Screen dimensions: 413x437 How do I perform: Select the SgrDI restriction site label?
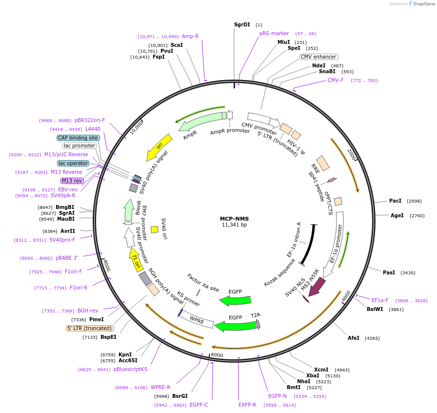coord(242,24)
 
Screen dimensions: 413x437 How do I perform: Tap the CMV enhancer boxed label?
coord(318,57)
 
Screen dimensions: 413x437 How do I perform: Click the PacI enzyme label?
coord(396,201)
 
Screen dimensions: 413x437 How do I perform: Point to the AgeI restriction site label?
coord(397,215)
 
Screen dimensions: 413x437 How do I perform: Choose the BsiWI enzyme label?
coord(376,309)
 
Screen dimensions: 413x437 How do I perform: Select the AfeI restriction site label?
coord(354,338)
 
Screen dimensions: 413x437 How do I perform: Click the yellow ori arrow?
coord(160,147)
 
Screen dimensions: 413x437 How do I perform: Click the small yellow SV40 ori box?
coord(154,229)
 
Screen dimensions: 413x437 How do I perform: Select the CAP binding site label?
coord(78,138)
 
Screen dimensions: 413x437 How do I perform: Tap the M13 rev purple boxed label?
coord(72,181)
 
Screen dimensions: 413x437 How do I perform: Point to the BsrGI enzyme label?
coord(180,396)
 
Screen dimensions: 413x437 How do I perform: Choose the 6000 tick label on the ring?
coord(217,355)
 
